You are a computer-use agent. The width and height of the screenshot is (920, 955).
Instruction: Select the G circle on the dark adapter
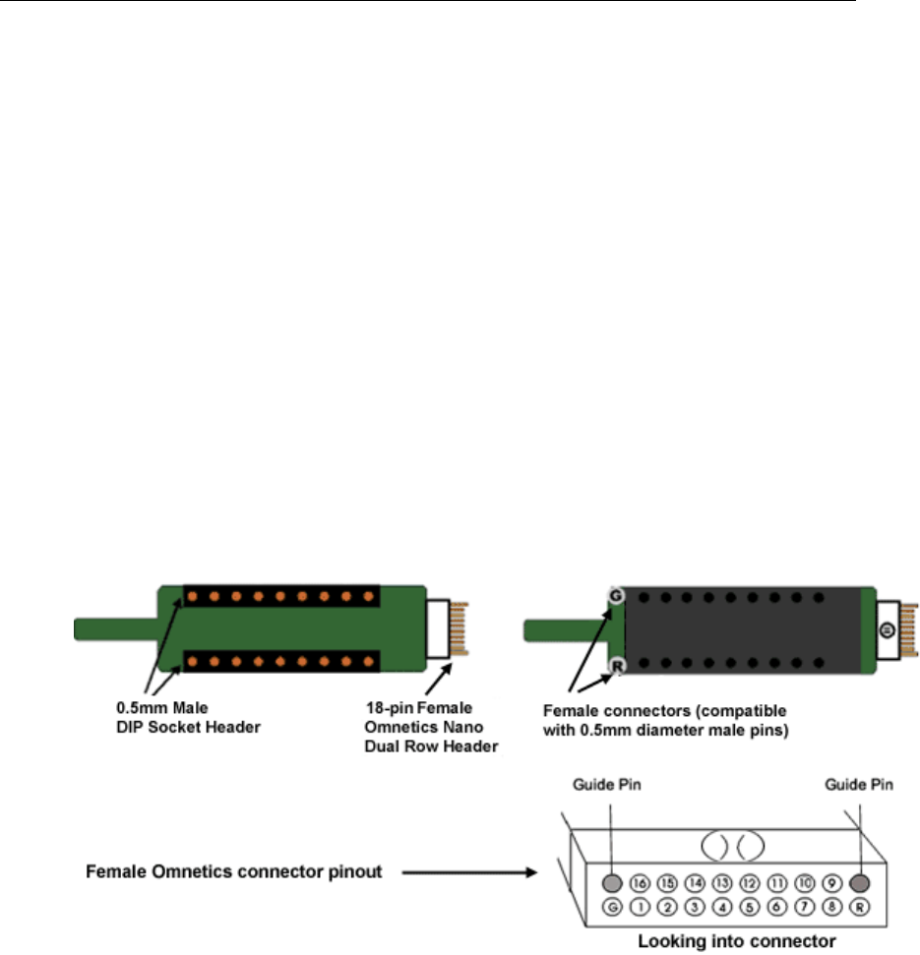[616, 596]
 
